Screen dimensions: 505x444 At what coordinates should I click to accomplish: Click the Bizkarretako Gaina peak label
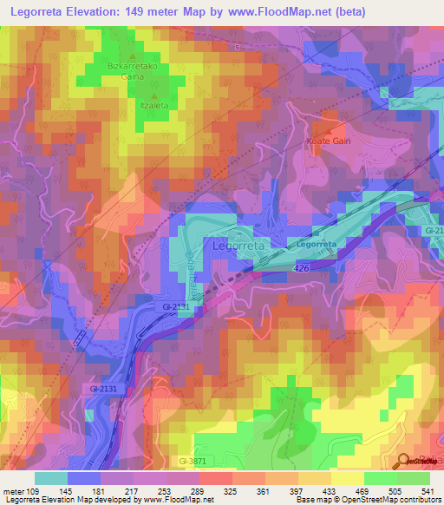click(131, 70)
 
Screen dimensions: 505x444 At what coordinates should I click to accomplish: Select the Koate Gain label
click(328, 141)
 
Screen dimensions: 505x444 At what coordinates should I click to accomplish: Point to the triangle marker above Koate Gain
click(329, 130)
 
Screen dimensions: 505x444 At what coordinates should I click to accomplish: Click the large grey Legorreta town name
click(238, 246)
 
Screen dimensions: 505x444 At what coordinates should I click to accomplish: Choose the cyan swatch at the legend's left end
click(50, 478)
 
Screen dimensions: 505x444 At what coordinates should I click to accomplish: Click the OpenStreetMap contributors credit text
click(389, 500)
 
